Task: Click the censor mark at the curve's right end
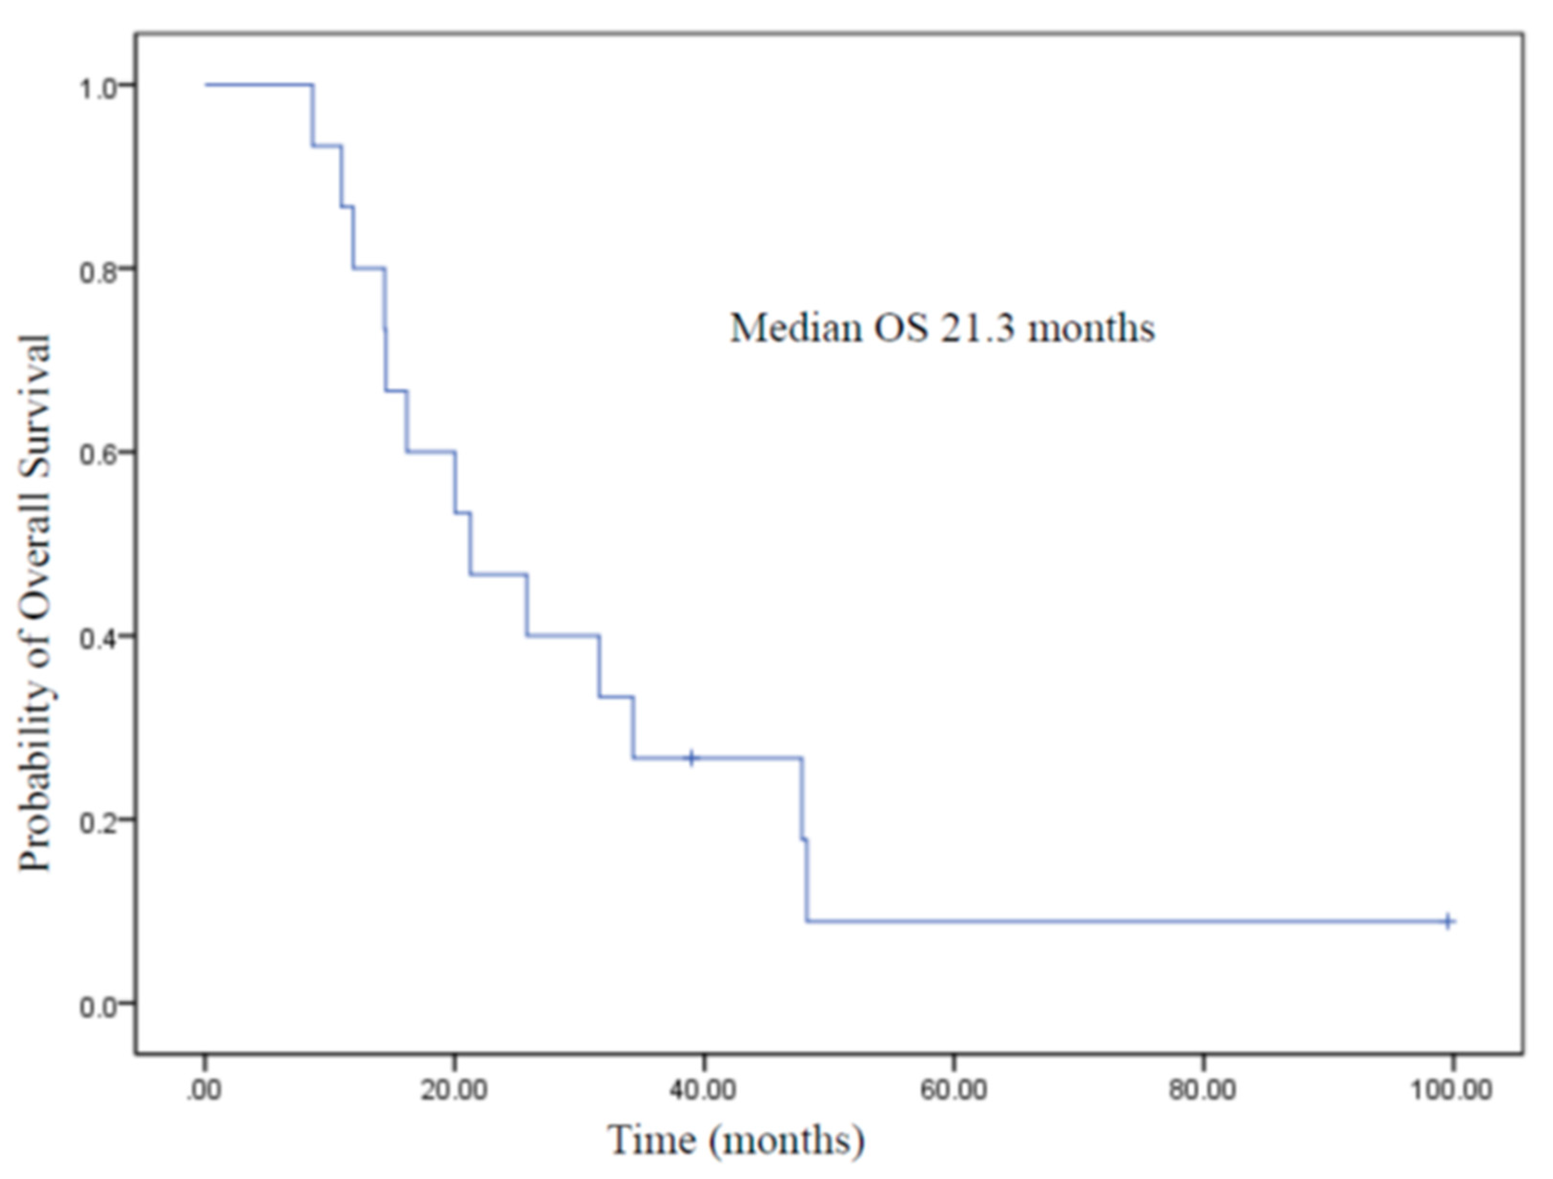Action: pyautogui.click(x=1448, y=921)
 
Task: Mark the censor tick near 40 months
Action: pyautogui.click(x=692, y=758)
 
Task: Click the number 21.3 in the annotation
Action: pyautogui.click(x=978, y=328)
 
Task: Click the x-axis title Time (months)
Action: pyautogui.click(x=736, y=1139)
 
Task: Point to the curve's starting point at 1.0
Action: pyautogui.click(x=206, y=85)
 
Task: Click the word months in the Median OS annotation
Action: pyautogui.click(x=1092, y=328)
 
